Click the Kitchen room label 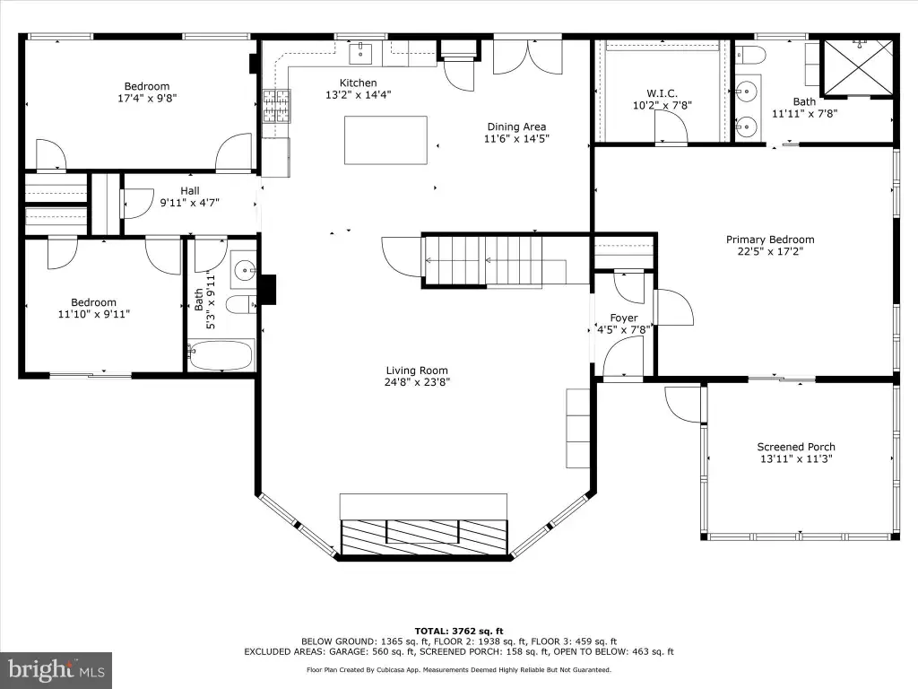[359, 83]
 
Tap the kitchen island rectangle [385, 140]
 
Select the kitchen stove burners [276, 106]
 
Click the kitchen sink [360, 53]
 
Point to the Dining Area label [516, 126]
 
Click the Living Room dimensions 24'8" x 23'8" [417, 382]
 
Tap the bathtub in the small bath [221, 355]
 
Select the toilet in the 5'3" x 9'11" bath [241, 305]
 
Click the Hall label [190, 190]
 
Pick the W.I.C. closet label [663, 93]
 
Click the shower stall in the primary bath [859, 66]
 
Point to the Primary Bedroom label [770, 240]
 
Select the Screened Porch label [796, 447]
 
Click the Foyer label [624, 318]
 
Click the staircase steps [483, 261]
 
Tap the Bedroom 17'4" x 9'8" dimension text [147, 99]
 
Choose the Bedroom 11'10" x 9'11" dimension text [93, 314]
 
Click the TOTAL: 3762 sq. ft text [459, 631]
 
